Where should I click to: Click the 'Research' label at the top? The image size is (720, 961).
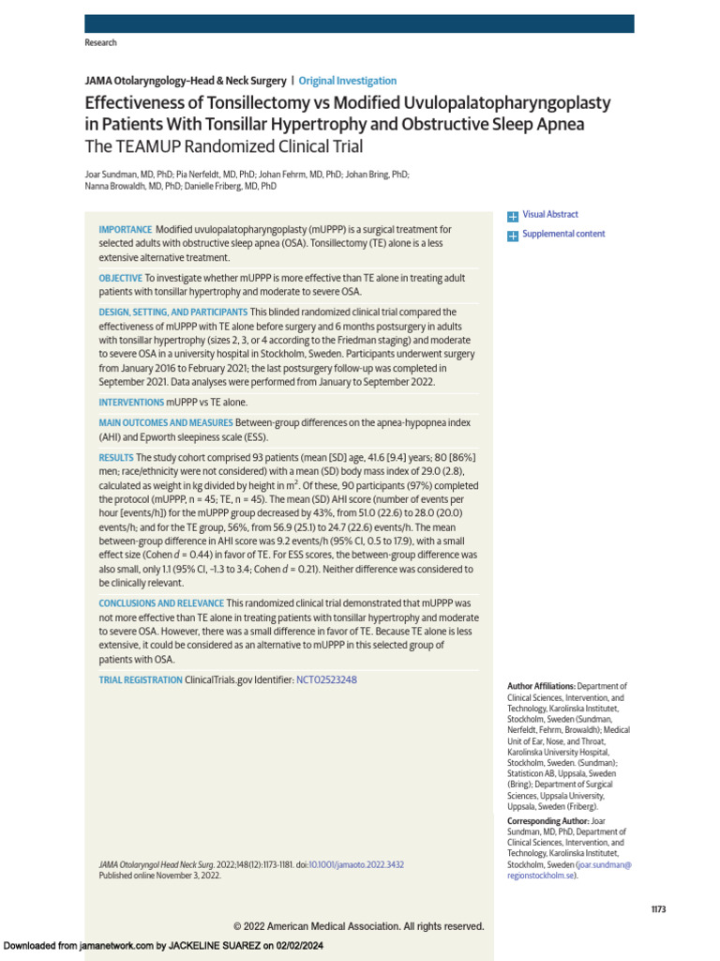click(100, 43)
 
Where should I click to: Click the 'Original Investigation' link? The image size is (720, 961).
click(347, 81)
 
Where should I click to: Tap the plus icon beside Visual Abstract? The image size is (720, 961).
click(512, 216)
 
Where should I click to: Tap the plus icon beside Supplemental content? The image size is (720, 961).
click(512, 235)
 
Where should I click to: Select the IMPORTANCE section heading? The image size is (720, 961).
click(125, 230)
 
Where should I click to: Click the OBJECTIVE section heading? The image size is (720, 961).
click(121, 278)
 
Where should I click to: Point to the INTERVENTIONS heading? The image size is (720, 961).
click(131, 402)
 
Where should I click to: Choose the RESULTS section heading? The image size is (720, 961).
click(116, 457)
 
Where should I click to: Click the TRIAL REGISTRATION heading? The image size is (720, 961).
click(141, 679)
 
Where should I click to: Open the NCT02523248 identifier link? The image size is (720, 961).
click(326, 679)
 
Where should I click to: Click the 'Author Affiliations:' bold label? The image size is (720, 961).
click(541, 687)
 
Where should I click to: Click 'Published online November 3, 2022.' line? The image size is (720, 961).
click(159, 875)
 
